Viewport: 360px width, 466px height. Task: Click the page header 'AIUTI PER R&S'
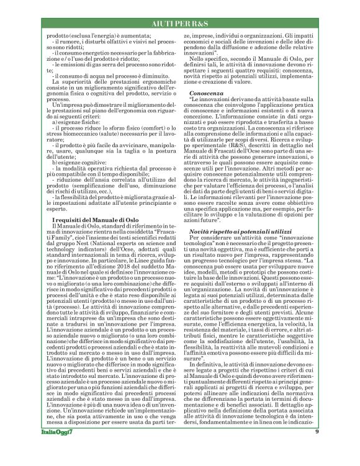click(x=179, y=23)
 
